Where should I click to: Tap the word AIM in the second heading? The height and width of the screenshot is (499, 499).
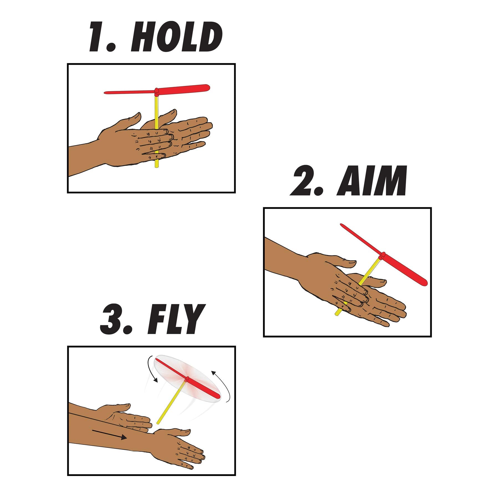(371, 181)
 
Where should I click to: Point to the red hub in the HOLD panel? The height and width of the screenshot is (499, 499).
(157, 91)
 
